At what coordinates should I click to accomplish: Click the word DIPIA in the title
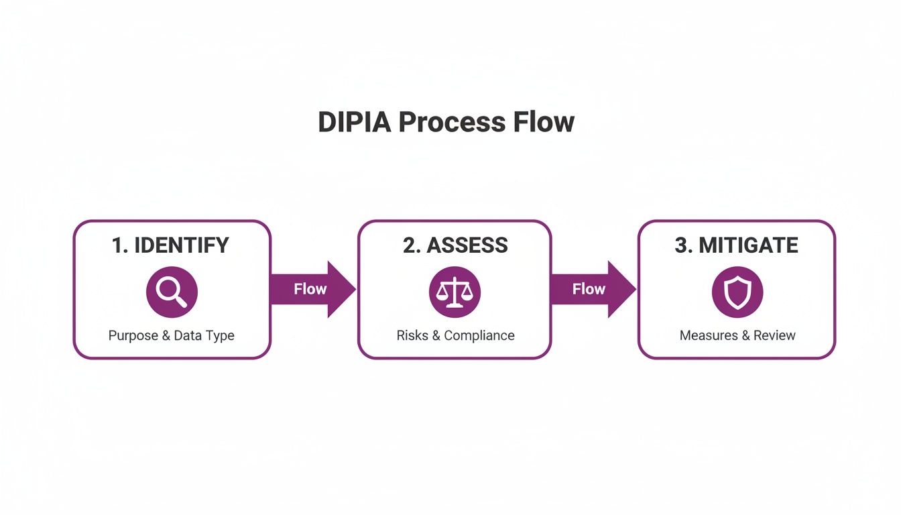pyautogui.click(x=354, y=123)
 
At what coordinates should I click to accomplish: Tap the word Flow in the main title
pyautogui.click(x=544, y=123)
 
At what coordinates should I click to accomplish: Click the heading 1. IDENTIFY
pyautogui.click(x=171, y=245)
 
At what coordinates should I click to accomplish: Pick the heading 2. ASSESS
pyautogui.click(x=455, y=245)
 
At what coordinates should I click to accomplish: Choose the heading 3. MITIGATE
pyautogui.click(x=736, y=245)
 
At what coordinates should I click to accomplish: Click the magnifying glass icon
pyautogui.click(x=172, y=292)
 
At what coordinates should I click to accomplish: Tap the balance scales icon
pyautogui.click(x=455, y=292)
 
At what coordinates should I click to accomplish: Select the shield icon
pyautogui.click(x=737, y=292)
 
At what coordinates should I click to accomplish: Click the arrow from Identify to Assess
pyautogui.click(x=312, y=289)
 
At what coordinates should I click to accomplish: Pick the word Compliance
pyautogui.click(x=479, y=335)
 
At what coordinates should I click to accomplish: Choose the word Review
pyautogui.click(x=774, y=335)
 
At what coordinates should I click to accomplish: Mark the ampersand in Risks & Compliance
pyautogui.click(x=436, y=335)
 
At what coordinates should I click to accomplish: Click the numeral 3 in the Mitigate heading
pyautogui.click(x=682, y=245)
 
